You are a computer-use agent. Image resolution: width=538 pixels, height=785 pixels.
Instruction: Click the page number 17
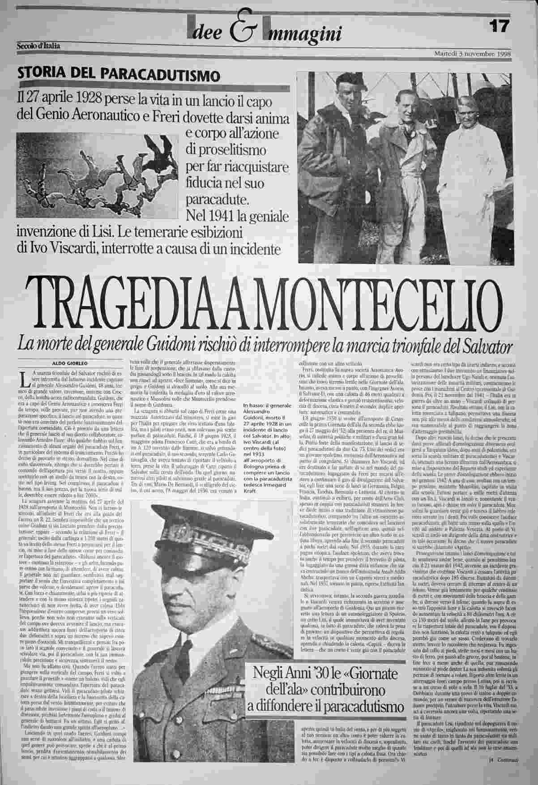[x=499, y=26]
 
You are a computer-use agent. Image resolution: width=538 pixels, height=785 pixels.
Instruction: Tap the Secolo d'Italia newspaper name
[x=38, y=45]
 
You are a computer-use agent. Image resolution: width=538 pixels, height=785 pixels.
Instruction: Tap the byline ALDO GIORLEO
[x=68, y=363]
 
